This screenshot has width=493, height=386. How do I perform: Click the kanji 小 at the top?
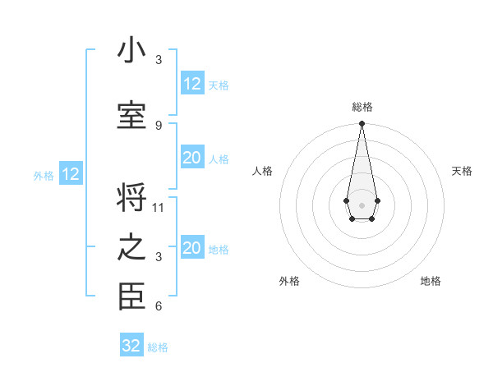[131, 51]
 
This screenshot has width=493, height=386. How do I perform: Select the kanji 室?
[131, 115]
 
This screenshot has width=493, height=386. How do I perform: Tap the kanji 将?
[131, 198]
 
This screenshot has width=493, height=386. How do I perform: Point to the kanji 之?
[131, 249]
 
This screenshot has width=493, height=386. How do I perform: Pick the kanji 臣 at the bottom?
[131, 297]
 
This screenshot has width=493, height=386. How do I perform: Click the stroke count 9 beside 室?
[159, 125]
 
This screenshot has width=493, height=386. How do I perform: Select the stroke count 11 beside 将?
[159, 207]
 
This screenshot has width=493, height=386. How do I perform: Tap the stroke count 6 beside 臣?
[159, 306]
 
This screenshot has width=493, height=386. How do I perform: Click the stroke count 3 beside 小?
[159, 60]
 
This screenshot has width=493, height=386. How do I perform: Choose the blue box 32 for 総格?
[131, 346]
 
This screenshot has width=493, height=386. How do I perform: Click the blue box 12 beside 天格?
[192, 84]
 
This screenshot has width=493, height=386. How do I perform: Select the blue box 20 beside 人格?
[192, 159]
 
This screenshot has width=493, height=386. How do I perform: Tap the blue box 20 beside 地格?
[192, 249]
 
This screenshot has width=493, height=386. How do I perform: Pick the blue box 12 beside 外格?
[71, 174]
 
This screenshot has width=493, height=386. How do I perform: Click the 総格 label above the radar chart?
[362, 107]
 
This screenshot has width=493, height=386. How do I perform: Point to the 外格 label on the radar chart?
[289, 281]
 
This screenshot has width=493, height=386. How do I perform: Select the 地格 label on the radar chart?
[431, 281]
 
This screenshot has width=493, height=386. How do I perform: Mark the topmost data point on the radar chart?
[362, 124]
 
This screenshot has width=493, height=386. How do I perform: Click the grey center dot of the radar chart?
[362, 204]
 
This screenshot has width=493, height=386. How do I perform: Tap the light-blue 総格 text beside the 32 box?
[158, 347]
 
